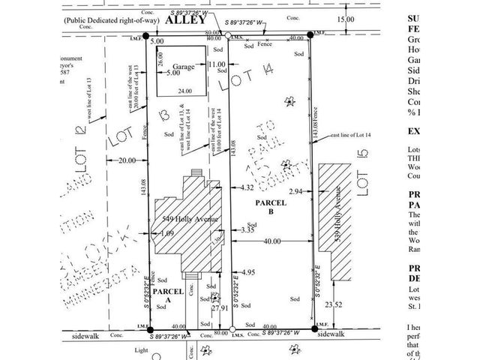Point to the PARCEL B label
[x=267, y=206]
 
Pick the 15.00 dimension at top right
[x=346, y=20]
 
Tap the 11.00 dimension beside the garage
[x=217, y=65]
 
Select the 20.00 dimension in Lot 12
[x=127, y=160]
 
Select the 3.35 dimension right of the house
[x=248, y=230]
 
